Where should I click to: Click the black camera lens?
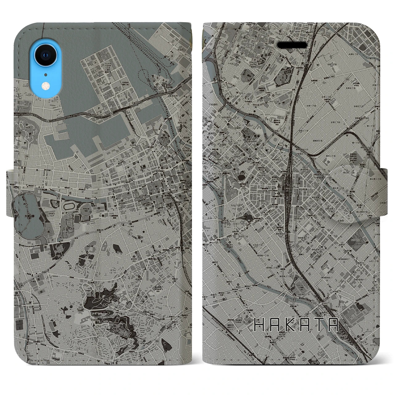point(46,55)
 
